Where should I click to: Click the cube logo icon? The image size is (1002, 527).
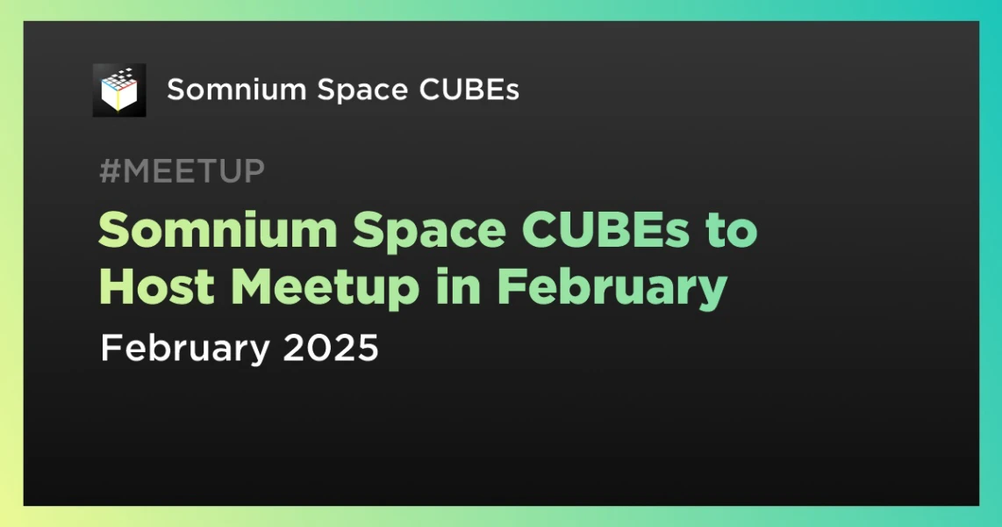(x=119, y=90)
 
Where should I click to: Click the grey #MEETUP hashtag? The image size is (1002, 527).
(x=182, y=171)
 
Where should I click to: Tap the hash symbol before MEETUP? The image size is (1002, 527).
(x=109, y=171)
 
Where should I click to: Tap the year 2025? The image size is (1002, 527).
(x=331, y=349)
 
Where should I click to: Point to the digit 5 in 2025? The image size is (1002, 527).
(x=369, y=349)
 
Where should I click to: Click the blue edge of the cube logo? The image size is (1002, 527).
(x=109, y=84)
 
